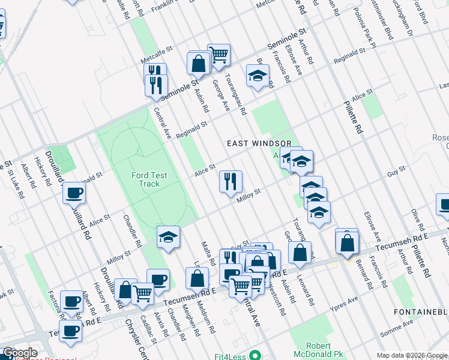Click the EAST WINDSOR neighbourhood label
coord(259,143)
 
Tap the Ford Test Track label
coord(146,179)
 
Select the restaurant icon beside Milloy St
coord(231,181)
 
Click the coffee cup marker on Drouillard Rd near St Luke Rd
coord(74,193)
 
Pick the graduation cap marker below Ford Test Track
coord(169,236)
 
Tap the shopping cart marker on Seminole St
coord(219,55)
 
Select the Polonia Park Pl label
coord(364,28)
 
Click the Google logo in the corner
coord(19,353)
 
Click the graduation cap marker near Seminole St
coord(258,76)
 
